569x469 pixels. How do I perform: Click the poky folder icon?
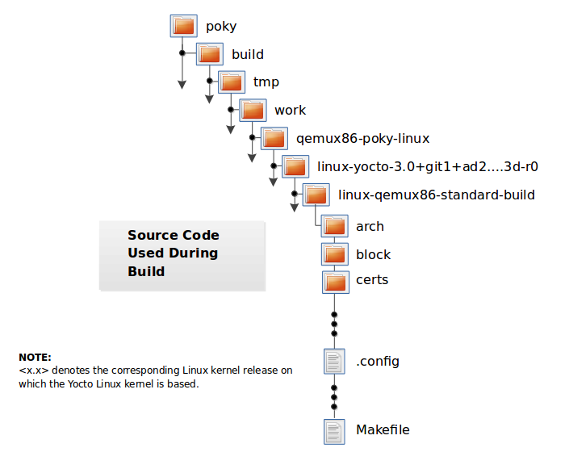(x=184, y=26)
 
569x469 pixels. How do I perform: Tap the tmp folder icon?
(x=231, y=82)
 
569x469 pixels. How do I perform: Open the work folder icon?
(x=253, y=110)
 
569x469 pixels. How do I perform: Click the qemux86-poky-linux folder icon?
(x=274, y=138)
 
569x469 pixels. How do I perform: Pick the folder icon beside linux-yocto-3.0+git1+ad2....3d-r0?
(x=295, y=166)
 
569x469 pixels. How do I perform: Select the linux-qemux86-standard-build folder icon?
(x=316, y=195)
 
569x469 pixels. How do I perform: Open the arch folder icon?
(x=334, y=226)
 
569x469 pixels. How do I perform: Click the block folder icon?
(x=334, y=254)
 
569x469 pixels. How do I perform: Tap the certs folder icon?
(x=334, y=280)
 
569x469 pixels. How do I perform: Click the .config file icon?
(x=334, y=361)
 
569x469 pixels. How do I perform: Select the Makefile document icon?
(x=334, y=430)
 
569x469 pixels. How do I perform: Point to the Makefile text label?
(x=383, y=430)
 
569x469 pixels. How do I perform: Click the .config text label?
(x=378, y=361)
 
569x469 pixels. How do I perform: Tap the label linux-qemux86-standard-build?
(x=437, y=195)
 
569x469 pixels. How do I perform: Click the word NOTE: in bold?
(x=35, y=358)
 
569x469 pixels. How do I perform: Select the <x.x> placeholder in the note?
(x=32, y=371)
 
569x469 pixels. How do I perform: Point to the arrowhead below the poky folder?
(x=182, y=84)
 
